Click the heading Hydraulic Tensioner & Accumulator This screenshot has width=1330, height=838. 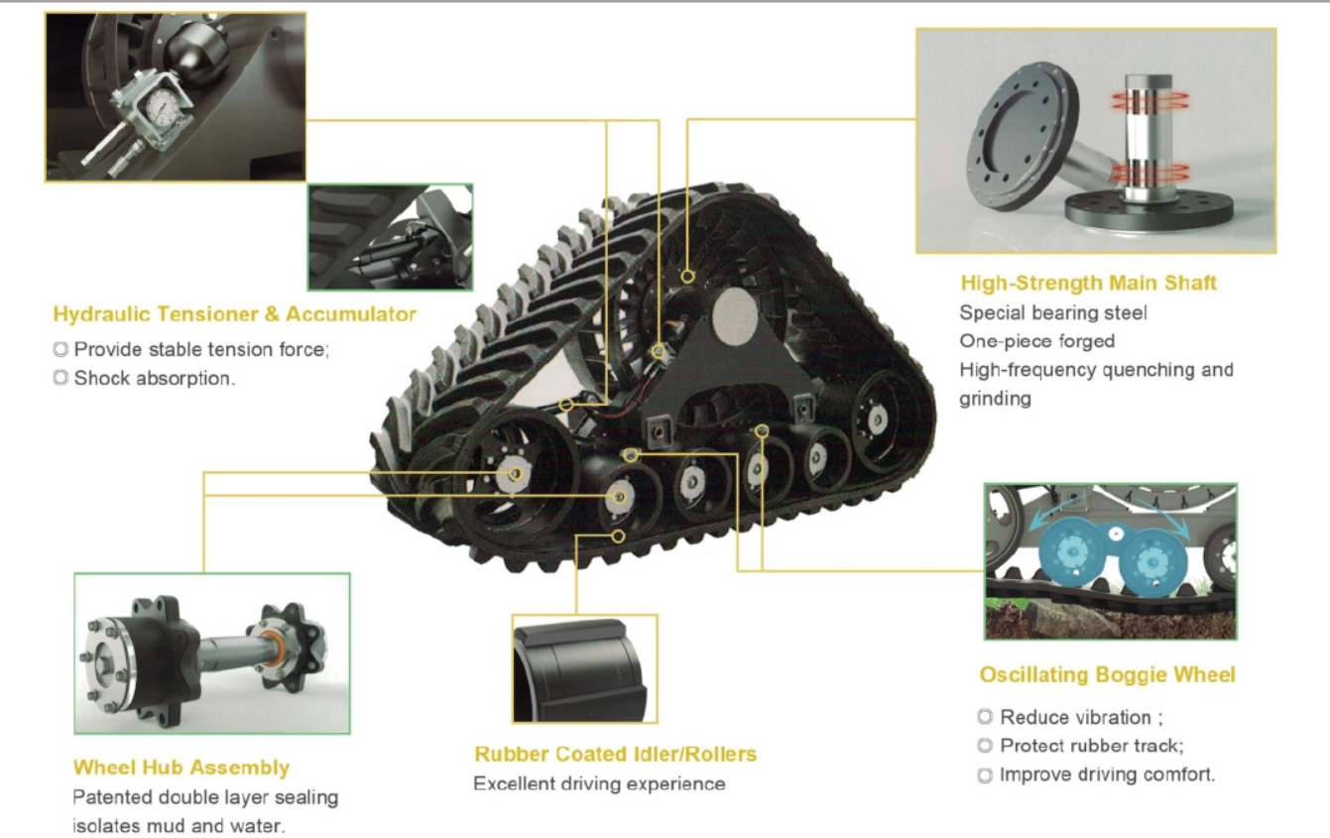click(x=234, y=314)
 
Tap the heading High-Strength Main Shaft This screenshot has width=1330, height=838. click(x=1088, y=283)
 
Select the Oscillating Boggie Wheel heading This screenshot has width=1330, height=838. click(x=1108, y=674)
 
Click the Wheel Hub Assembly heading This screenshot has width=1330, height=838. click(x=181, y=768)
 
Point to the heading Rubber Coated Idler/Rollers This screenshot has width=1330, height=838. click(x=616, y=754)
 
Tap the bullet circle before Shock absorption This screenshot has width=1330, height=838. click(x=60, y=378)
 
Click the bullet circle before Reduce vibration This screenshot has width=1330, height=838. click(x=985, y=717)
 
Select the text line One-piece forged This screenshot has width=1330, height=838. click(x=1037, y=341)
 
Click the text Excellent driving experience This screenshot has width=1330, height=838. click(x=600, y=784)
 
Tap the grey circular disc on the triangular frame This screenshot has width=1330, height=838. click(x=735, y=316)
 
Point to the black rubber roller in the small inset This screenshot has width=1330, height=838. click(x=579, y=671)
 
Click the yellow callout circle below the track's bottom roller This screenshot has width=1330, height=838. click(x=618, y=537)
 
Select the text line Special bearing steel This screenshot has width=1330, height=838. click(x=1053, y=313)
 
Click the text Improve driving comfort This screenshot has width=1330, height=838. click(x=1108, y=775)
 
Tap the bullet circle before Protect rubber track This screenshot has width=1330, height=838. click(x=985, y=746)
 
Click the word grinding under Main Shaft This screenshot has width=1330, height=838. click(x=995, y=399)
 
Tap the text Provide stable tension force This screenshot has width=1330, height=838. click(x=201, y=349)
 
